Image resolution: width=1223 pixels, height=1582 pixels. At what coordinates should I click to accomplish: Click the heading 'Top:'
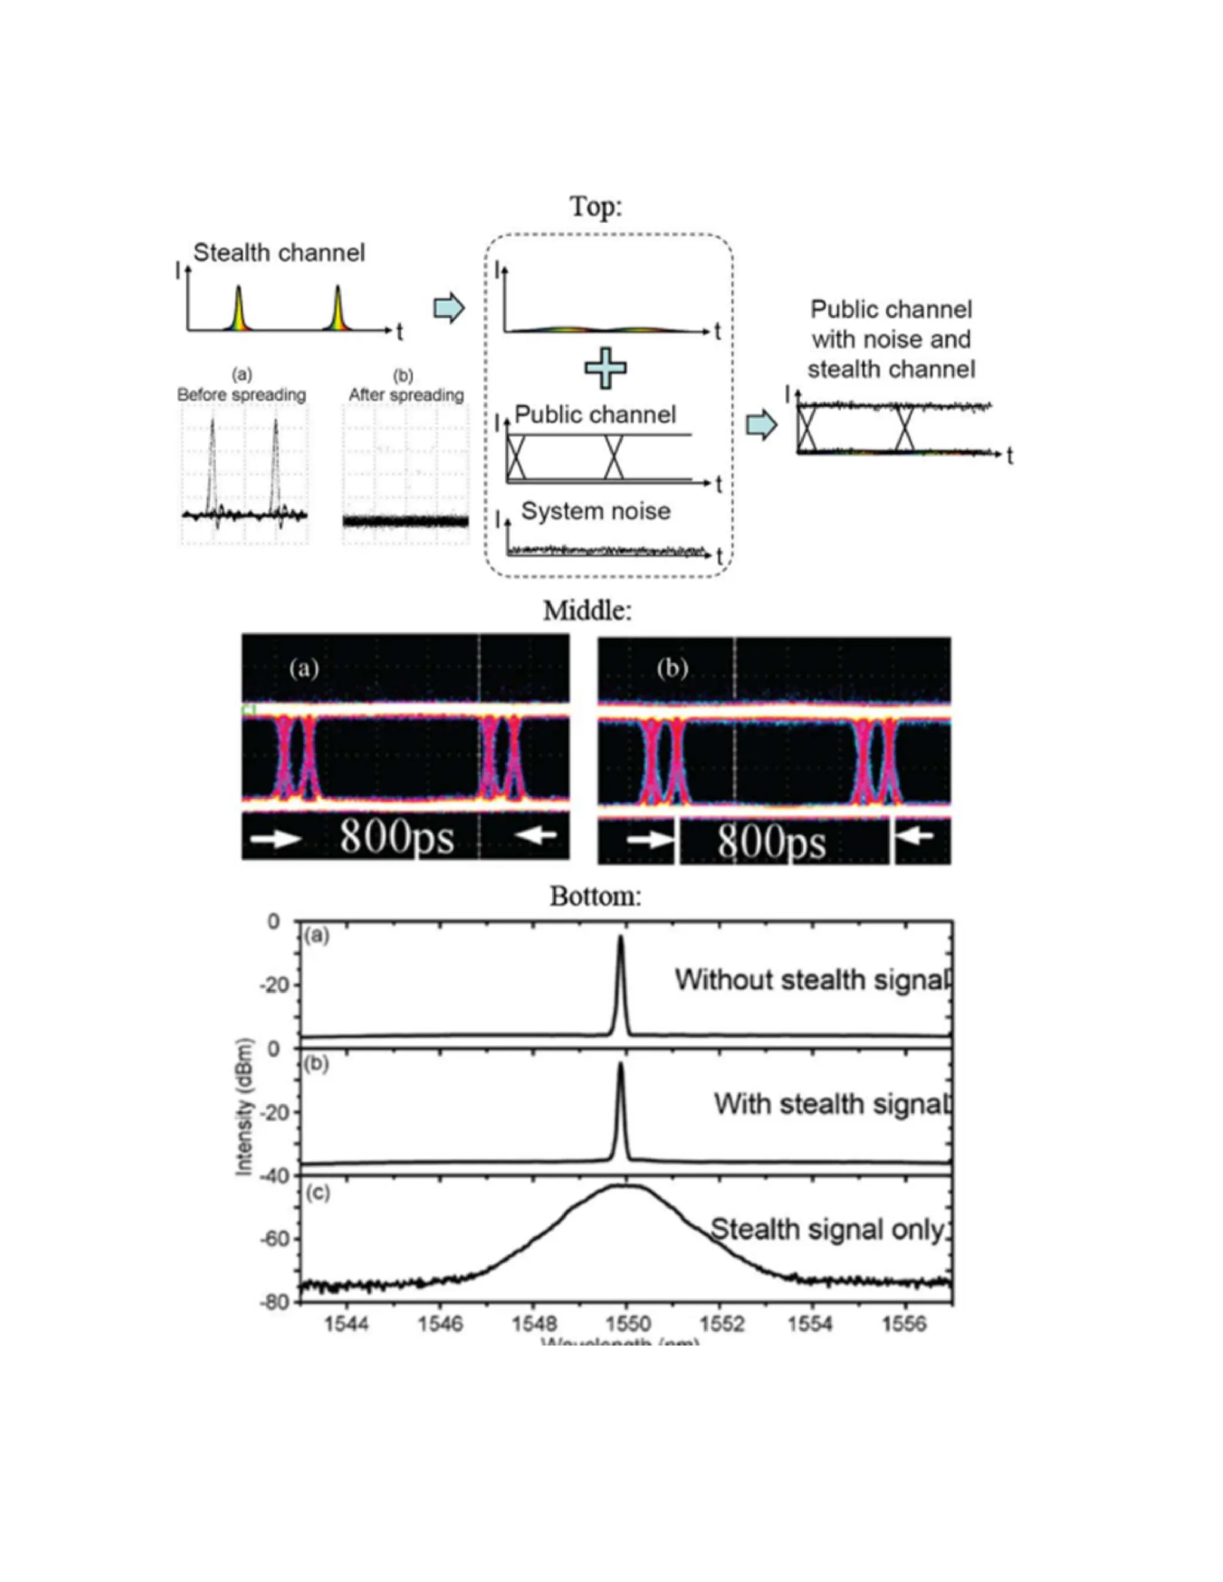click(x=595, y=207)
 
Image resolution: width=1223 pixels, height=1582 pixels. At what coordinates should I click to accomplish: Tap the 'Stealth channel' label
click(x=279, y=253)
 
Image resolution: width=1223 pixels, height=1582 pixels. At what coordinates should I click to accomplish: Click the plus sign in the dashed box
click(x=605, y=368)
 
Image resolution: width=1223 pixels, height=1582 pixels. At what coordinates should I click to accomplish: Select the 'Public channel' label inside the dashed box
click(x=595, y=414)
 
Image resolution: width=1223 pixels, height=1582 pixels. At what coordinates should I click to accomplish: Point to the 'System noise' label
click(x=595, y=512)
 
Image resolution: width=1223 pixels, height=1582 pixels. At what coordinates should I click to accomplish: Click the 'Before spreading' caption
click(x=241, y=395)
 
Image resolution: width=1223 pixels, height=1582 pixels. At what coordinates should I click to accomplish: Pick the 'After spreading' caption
click(x=405, y=395)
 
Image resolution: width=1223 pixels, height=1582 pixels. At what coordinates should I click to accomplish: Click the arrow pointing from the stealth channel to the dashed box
click(x=448, y=309)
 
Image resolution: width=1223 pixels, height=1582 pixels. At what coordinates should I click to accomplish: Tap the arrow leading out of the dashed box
click(x=761, y=425)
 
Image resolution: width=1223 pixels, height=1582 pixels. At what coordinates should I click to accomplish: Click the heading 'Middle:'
click(x=588, y=611)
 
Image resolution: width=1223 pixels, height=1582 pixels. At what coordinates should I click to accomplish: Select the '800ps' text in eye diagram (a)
click(x=397, y=838)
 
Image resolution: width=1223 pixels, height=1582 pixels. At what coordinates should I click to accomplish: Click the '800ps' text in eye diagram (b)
click(x=772, y=842)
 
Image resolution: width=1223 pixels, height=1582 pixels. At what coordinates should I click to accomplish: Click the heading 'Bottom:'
click(x=595, y=897)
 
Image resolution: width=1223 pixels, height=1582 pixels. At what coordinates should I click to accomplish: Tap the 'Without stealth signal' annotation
click(x=812, y=980)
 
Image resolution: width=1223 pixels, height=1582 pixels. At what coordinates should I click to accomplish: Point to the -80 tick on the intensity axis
click(x=272, y=1301)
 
